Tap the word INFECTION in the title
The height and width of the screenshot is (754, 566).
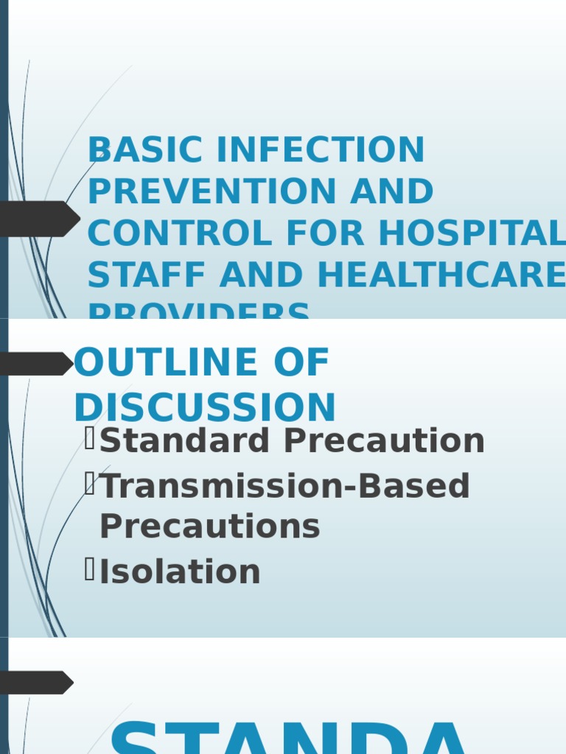coord(321,150)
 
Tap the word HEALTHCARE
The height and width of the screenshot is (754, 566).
coord(441,275)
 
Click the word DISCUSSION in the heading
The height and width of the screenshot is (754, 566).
coord(205,407)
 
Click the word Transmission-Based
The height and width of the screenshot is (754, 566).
coord(284,486)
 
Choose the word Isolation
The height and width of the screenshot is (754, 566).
coord(180,572)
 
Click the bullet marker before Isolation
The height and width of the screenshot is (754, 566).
coord(90,570)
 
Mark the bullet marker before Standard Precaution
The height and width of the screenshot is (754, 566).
coord(90,439)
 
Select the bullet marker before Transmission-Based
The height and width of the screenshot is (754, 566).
coord(90,484)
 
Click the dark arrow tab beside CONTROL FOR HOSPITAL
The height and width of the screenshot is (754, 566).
coord(40,219)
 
